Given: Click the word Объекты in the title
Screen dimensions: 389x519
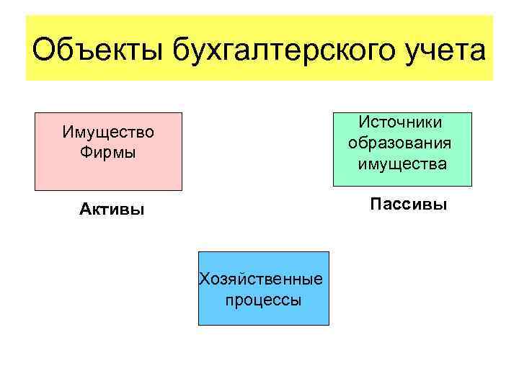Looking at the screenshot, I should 97,52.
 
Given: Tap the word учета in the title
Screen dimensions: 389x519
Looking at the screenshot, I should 443,52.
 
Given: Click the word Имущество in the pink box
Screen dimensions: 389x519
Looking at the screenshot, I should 108,133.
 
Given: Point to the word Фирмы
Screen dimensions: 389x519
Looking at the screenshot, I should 108,153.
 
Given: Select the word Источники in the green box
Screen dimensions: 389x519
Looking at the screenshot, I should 402,123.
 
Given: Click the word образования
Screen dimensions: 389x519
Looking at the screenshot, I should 401,143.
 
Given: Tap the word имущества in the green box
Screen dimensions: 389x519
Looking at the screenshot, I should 402,164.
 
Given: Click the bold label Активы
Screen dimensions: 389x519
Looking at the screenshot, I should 112,210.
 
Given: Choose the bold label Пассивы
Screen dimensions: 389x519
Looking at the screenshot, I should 409,205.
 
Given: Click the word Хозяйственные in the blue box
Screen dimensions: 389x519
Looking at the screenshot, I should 262,280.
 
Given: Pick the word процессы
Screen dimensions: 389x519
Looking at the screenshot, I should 263,300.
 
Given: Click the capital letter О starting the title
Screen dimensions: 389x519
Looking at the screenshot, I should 45,51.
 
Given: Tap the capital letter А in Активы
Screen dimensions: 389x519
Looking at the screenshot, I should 84,210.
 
